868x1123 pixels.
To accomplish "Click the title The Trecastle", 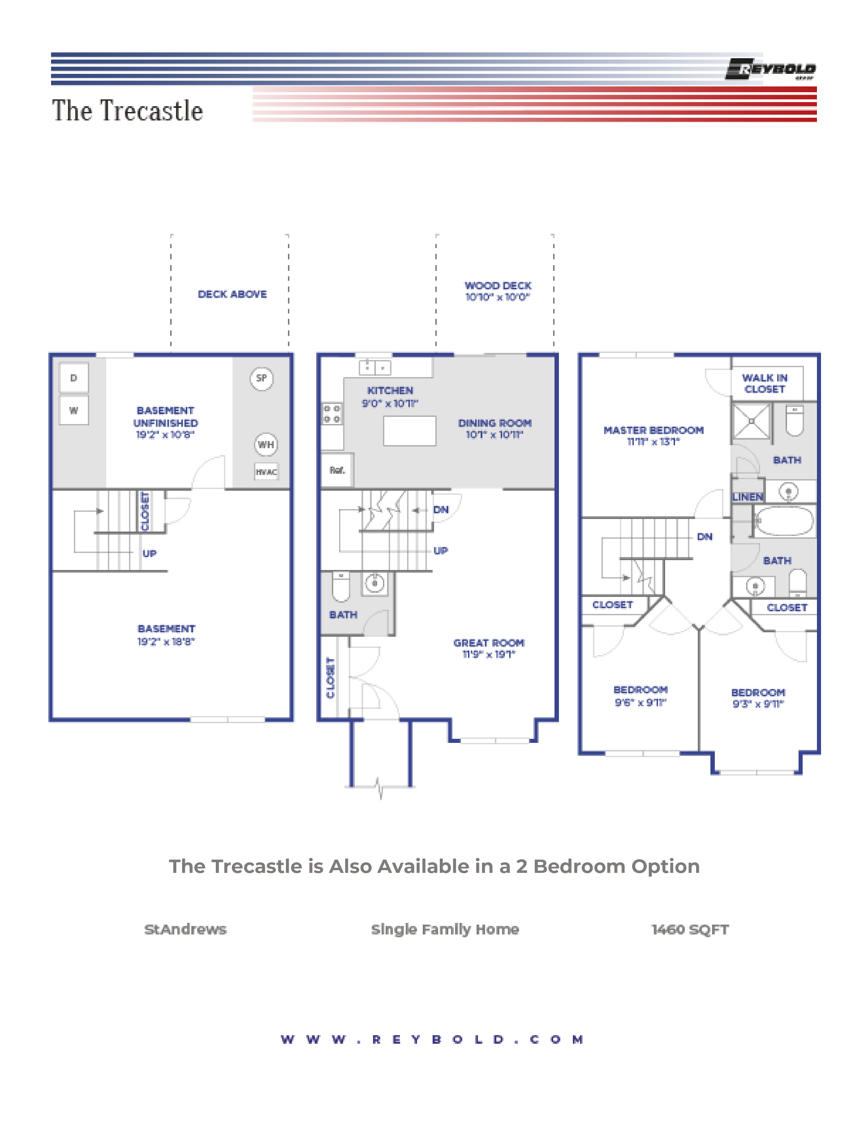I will [x=128, y=111].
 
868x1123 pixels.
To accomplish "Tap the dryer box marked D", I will [x=74, y=378].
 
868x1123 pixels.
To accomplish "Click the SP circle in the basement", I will [x=261, y=378].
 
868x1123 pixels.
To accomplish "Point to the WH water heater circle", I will [x=266, y=444].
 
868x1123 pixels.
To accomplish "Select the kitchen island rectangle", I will [x=409, y=431].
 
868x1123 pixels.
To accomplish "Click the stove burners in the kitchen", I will [x=332, y=413].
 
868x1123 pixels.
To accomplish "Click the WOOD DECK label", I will [x=498, y=286].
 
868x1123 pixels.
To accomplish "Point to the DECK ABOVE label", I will [x=232, y=294].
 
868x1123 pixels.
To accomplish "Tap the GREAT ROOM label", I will [x=488, y=643].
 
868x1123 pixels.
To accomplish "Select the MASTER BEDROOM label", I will [x=653, y=430].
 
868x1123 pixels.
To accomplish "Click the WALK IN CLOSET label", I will [x=765, y=384].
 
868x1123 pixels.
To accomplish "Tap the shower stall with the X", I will [x=751, y=421].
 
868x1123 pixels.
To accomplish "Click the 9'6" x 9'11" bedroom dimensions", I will [x=640, y=702].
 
